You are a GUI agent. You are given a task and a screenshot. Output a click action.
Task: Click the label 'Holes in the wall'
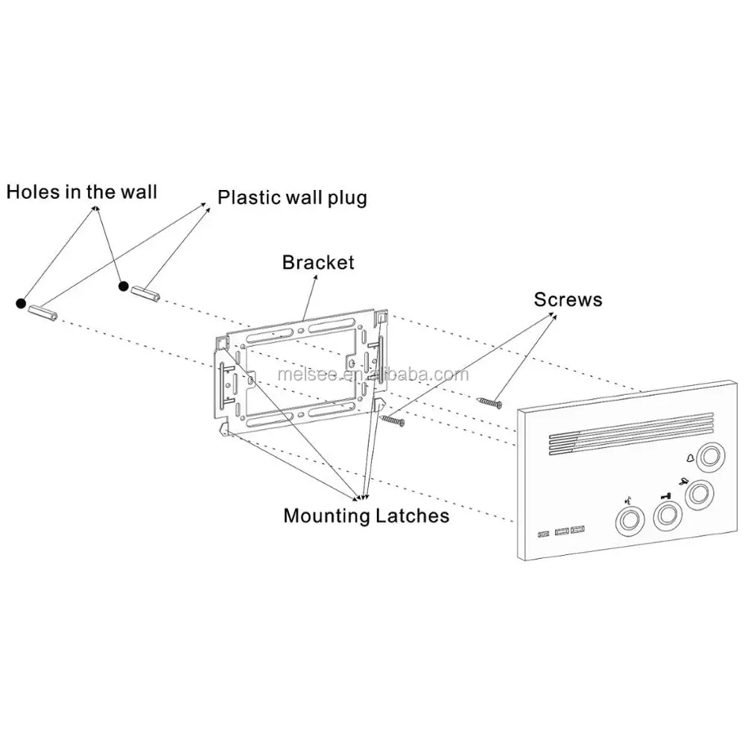[x=82, y=192]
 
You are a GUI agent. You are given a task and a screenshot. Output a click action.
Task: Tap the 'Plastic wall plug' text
[x=292, y=197]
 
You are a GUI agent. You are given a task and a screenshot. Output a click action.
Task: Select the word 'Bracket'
[x=318, y=262]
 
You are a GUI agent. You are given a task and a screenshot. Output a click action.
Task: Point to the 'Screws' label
[x=568, y=299]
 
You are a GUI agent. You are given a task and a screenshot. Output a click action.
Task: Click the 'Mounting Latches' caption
[x=367, y=516]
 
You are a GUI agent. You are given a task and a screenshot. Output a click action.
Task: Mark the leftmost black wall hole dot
[x=21, y=303]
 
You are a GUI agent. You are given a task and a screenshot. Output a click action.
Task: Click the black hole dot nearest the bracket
[x=124, y=286]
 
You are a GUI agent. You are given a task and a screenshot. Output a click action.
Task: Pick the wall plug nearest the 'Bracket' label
[x=145, y=293]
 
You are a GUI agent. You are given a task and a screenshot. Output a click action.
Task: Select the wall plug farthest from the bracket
[x=42, y=312]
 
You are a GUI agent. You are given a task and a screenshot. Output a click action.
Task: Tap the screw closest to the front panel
[x=490, y=403]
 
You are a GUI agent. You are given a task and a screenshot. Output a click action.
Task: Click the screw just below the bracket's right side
[x=393, y=420]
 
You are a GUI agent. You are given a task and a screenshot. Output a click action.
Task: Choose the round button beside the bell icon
[x=710, y=457]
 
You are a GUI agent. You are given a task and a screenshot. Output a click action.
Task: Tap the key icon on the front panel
[x=665, y=496]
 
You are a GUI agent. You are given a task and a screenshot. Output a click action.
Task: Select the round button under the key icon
[x=668, y=516]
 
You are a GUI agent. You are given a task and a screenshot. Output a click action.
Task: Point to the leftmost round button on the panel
[x=630, y=520]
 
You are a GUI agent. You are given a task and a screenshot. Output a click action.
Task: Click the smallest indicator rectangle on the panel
[x=543, y=534]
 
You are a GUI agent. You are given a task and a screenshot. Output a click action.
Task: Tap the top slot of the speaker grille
[x=631, y=425]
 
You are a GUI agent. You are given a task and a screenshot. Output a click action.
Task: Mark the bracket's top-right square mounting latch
[x=381, y=316]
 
